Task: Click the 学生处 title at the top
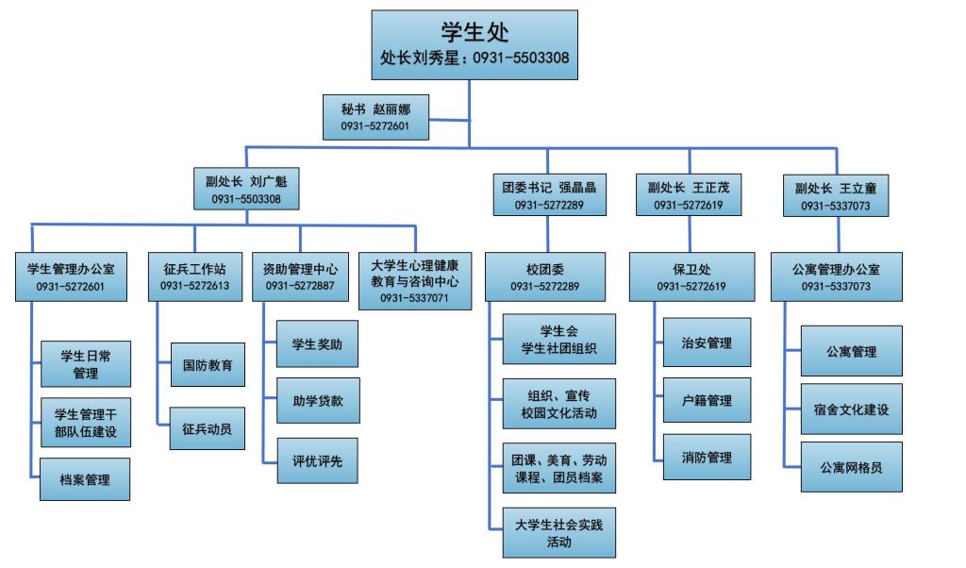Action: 475,32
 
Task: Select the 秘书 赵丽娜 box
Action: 375,117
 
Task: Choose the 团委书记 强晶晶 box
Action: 548,194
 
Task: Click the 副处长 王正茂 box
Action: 688,194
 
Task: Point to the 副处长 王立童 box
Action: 836,195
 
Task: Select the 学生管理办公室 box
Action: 72,276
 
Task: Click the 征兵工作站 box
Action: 194,276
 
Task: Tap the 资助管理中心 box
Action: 300,276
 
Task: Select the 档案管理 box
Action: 85,479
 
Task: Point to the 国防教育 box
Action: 208,365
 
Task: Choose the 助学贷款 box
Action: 318,400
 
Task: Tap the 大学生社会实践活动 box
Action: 558,534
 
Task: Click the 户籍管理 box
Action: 707,401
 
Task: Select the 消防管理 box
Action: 707,458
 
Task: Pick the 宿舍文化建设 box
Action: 851,409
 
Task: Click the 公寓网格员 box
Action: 851,467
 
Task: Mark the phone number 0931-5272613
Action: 194,286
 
